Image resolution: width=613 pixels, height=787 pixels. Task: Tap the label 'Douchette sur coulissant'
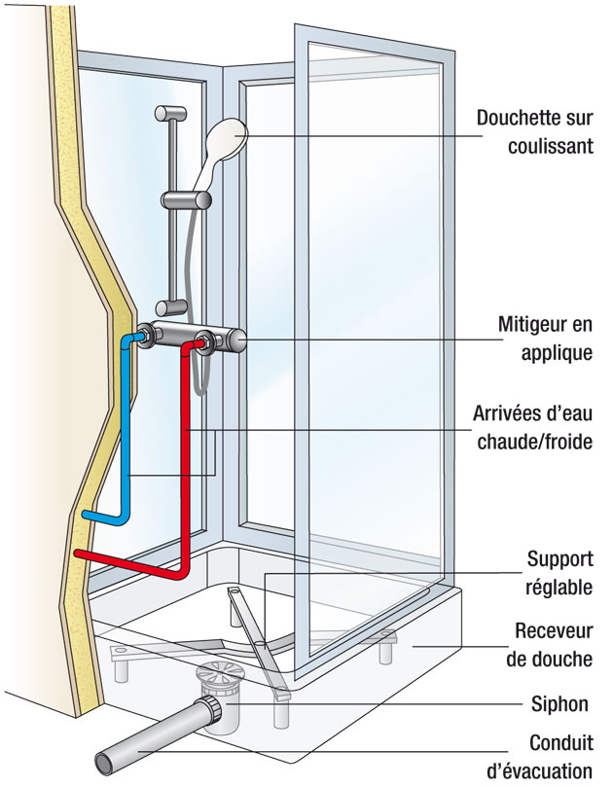[534, 131]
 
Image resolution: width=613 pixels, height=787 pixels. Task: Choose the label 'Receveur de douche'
[549, 644]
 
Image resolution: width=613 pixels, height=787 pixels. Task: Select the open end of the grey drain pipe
[105, 759]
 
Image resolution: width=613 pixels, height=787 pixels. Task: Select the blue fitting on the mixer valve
[144, 336]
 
